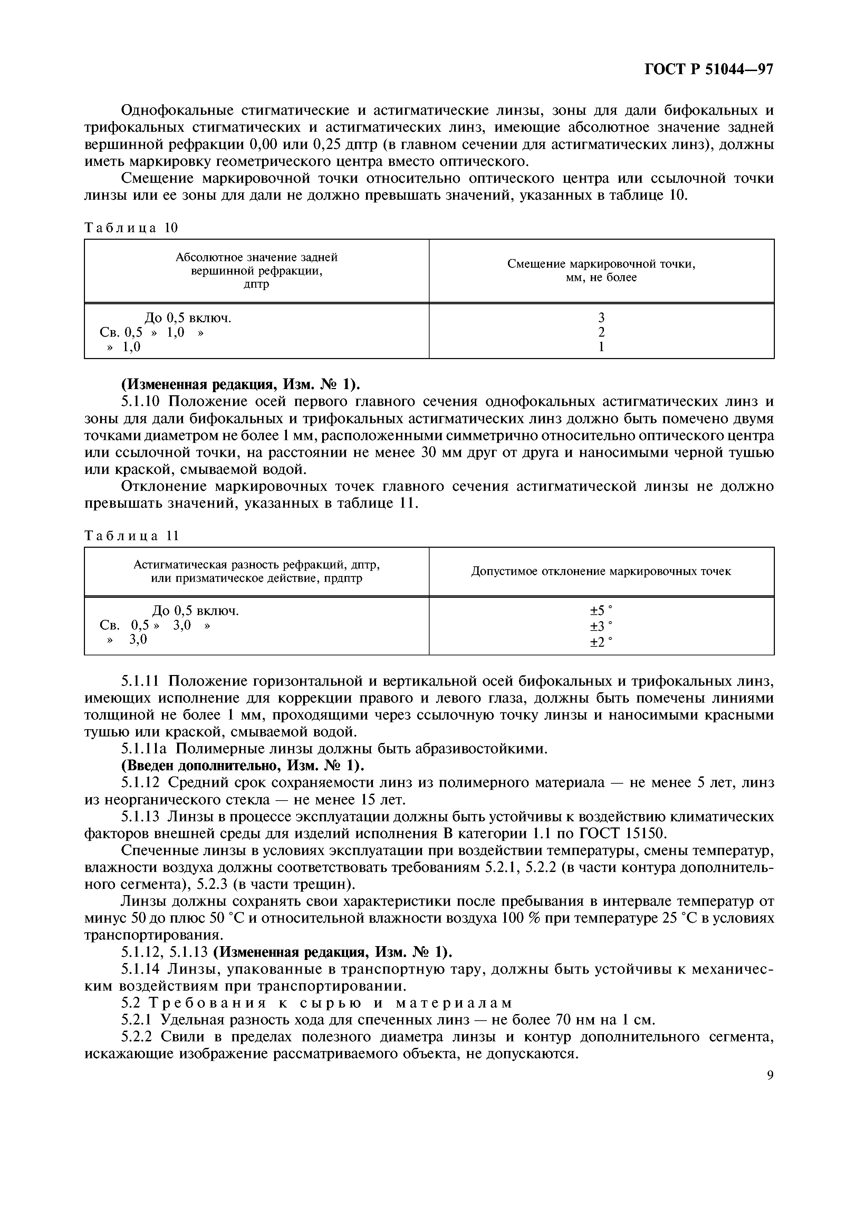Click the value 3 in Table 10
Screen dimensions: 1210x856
(x=601, y=318)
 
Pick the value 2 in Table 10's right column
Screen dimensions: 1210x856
(x=601, y=332)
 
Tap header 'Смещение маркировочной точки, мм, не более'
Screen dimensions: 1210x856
(x=601, y=270)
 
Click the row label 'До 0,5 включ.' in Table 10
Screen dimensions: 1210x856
(x=188, y=318)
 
